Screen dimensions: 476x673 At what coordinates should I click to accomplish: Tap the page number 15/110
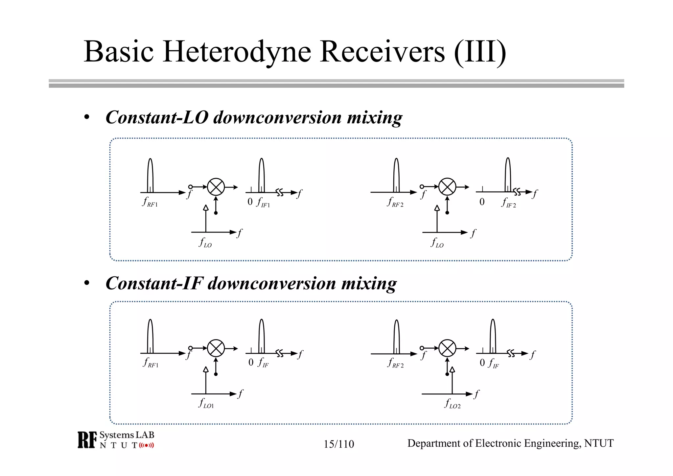click(339, 444)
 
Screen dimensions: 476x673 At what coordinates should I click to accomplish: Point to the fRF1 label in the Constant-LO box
click(150, 202)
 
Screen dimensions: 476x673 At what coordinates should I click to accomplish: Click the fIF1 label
click(263, 202)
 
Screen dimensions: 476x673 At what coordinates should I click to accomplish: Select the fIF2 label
click(508, 203)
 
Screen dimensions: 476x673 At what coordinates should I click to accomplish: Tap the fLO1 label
click(206, 403)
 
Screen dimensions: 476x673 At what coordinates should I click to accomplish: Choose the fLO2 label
click(452, 404)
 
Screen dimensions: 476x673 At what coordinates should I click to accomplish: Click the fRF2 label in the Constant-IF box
click(396, 363)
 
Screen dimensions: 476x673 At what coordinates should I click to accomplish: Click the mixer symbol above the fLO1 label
click(216, 348)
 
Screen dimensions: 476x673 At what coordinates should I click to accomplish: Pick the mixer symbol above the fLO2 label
click(447, 348)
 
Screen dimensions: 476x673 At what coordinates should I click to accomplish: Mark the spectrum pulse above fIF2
click(508, 175)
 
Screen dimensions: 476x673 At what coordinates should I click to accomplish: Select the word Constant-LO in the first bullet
click(157, 117)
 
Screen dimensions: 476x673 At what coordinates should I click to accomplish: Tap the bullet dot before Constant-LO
click(87, 117)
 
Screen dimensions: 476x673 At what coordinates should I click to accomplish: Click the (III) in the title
click(480, 52)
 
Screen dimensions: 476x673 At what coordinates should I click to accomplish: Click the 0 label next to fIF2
click(482, 202)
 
